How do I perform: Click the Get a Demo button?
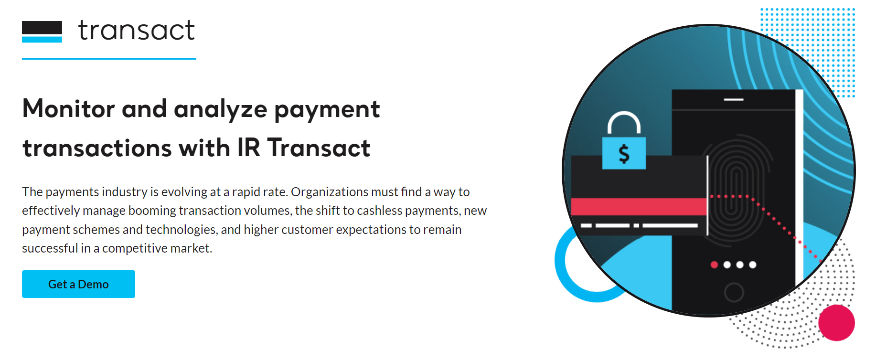(78, 284)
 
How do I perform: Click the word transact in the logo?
(137, 31)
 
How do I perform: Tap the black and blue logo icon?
(42, 32)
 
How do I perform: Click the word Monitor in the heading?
(68, 109)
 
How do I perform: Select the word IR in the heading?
(248, 148)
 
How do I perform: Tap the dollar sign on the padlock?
(624, 154)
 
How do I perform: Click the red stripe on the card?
(639, 206)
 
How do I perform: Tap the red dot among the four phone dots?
(714, 265)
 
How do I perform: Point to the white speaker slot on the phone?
(734, 99)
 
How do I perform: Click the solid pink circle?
(836, 323)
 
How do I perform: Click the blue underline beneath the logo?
(109, 59)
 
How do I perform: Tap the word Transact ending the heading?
(319, 148)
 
